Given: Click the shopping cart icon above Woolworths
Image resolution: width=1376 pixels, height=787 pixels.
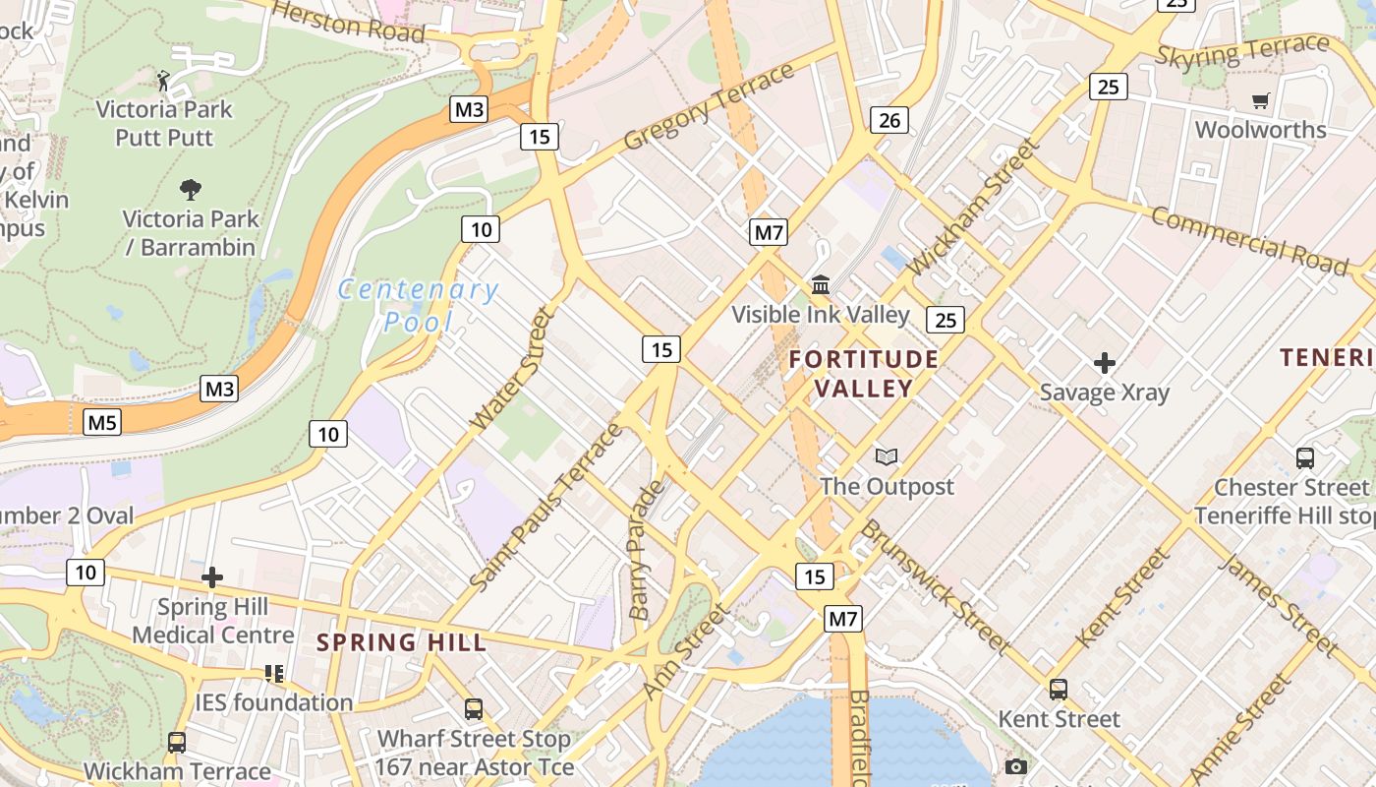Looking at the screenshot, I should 1260,100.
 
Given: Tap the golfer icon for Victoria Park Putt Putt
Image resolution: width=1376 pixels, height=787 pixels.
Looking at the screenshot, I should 164,80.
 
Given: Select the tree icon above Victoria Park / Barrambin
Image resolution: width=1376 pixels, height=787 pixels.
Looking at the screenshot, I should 191,189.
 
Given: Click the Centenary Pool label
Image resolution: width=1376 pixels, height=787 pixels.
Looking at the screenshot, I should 418,305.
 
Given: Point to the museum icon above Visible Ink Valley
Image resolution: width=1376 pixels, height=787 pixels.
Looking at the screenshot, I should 821,285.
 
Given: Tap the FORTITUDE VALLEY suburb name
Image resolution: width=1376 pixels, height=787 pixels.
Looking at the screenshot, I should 864,374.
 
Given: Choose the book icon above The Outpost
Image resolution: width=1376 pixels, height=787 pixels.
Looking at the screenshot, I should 887,457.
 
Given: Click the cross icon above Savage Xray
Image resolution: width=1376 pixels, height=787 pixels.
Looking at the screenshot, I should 1105,363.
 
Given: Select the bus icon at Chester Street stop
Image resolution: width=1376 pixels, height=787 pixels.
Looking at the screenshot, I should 1305,458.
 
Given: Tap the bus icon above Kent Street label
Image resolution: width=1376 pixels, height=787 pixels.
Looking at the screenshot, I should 1059,690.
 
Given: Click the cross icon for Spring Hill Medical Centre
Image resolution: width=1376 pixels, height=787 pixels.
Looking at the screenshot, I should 212,577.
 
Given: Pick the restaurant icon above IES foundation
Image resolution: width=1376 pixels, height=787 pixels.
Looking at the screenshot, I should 274,674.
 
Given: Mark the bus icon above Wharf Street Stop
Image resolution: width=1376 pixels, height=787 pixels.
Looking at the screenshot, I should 474,709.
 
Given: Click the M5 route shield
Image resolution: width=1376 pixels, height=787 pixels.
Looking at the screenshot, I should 102,423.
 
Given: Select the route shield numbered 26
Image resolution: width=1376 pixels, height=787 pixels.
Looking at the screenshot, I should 889,121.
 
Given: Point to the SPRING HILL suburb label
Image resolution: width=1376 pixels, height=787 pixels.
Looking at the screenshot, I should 401,643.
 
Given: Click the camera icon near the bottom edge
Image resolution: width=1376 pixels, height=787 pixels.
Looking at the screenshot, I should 1016,766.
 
